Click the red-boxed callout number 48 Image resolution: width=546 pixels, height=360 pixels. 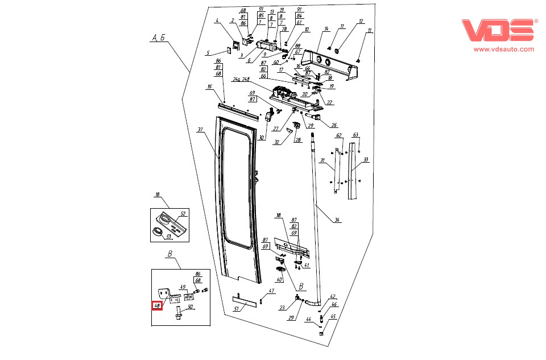tap(157, 305)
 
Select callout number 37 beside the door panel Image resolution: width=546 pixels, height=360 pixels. tap(200, 130)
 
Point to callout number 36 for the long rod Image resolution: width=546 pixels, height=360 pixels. tap(337, 220)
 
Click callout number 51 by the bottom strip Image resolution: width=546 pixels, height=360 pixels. tap(237, 309)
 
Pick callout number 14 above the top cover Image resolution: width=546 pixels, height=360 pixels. tap(326, 28)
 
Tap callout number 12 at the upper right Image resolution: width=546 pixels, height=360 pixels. tap(360, 22)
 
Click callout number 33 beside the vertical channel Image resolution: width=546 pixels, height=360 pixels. tap(366, 160)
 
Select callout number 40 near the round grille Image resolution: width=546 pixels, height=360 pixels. tap(279, 280)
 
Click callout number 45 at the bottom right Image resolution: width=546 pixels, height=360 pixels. tap(334, 317)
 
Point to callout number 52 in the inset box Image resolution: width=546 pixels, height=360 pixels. tap(183, 214)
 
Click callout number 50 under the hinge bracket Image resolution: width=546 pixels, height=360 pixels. tap(190, 307)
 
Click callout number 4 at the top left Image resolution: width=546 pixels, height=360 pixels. tap(217, 21)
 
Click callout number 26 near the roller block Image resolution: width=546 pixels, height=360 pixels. tap(334, 125)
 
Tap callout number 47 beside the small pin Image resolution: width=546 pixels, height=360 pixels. tap(272, 291)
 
